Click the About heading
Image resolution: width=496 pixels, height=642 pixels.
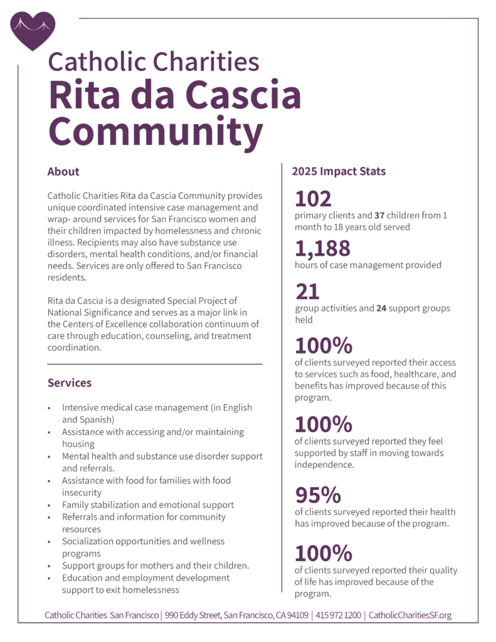[63, 172]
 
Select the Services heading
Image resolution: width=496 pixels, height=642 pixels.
[69, 382]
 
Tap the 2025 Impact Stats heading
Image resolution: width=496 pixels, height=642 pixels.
[339, 171]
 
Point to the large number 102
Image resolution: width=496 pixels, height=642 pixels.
[313, 199]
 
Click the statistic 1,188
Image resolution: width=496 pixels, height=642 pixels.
[322, 249]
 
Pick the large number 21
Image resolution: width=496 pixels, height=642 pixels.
[307, 292]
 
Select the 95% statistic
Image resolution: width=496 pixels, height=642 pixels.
[318, 495]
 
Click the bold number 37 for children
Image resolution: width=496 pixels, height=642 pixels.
[379, 215]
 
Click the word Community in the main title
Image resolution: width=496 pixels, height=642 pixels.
[156, 132]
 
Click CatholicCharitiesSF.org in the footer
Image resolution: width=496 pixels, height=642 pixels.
[409, 615]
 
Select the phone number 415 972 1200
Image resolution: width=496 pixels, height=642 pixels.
[338, 615]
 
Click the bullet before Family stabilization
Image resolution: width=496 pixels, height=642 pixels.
[50, 505]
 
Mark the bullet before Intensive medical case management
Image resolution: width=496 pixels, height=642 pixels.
[50, 408]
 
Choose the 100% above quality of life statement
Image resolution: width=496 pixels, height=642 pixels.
[323, 554]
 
